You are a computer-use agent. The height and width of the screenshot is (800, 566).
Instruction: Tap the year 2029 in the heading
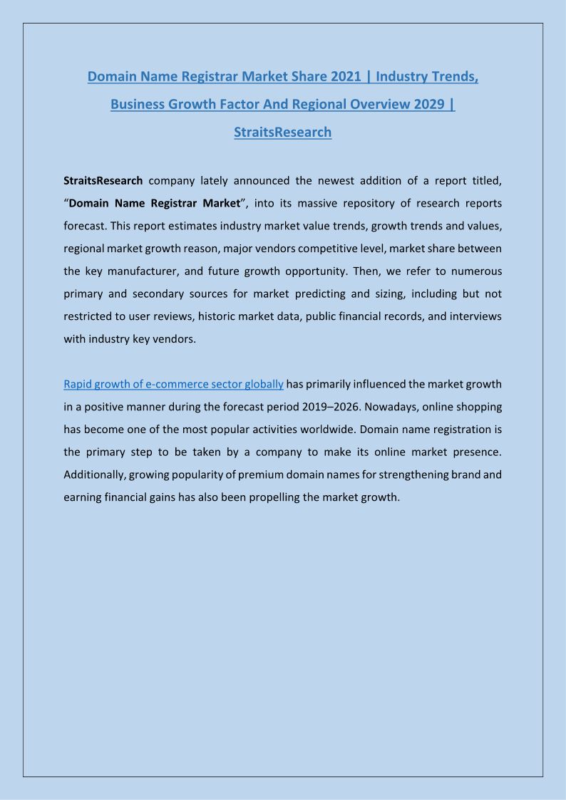tap(431, 104)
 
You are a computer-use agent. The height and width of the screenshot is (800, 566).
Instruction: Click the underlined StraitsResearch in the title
tap(282, 132)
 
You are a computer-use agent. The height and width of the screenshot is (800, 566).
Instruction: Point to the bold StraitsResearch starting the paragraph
tap(103, 180)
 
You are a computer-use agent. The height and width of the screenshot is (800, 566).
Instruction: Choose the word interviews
tap(473, 316)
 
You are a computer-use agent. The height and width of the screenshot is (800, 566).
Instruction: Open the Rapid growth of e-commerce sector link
tap(173, 384)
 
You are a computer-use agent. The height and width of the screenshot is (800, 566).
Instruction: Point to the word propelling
tap(269, 497)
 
